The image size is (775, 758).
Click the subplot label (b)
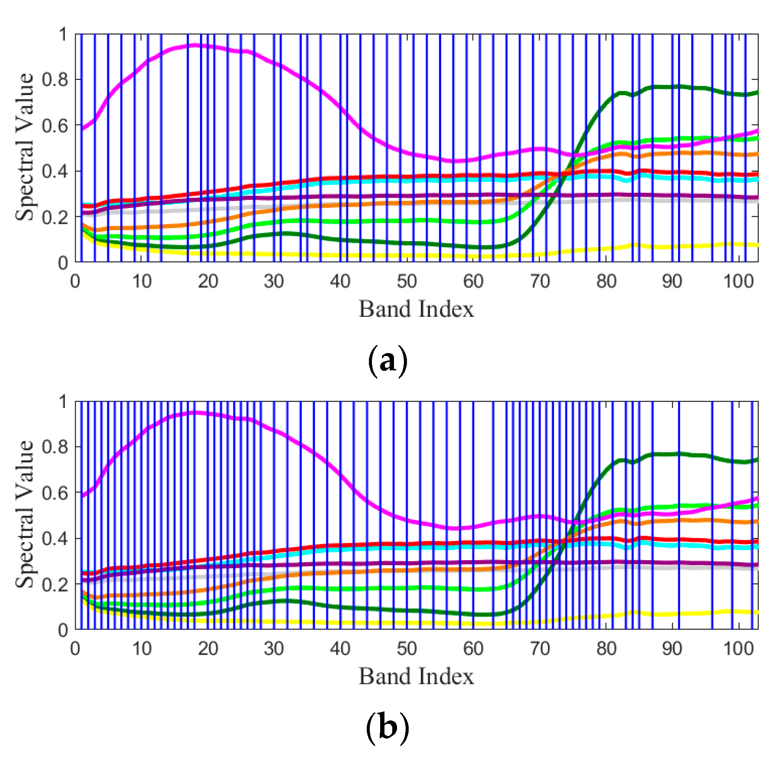[387, 729]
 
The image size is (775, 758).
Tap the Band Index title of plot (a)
[416, 309]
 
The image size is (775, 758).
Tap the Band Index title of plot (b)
[416, 676]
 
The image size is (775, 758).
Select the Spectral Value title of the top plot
[25, 147]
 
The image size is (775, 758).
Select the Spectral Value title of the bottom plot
[25, 514]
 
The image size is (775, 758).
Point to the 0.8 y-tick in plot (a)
[55, 80]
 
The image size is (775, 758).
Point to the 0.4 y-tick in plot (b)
[55, 538]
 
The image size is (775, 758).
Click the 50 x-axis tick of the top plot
[407, 282]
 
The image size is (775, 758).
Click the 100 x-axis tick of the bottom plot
[738, 649]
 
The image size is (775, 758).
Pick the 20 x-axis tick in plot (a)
[208, 282]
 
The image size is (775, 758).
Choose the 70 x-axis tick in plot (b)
[540, 649]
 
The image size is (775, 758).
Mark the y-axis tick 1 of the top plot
[63, 34]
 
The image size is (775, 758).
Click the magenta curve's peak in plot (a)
[194, 45]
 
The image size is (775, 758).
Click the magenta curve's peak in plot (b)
[194, 412]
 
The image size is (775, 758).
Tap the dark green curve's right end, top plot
[757, 92]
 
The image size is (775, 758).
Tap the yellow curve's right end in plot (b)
[757, 612]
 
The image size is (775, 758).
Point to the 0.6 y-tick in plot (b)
[55, 493]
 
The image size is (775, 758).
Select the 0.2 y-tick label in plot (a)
[55, 217]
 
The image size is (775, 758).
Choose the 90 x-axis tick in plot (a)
[672, 282]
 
